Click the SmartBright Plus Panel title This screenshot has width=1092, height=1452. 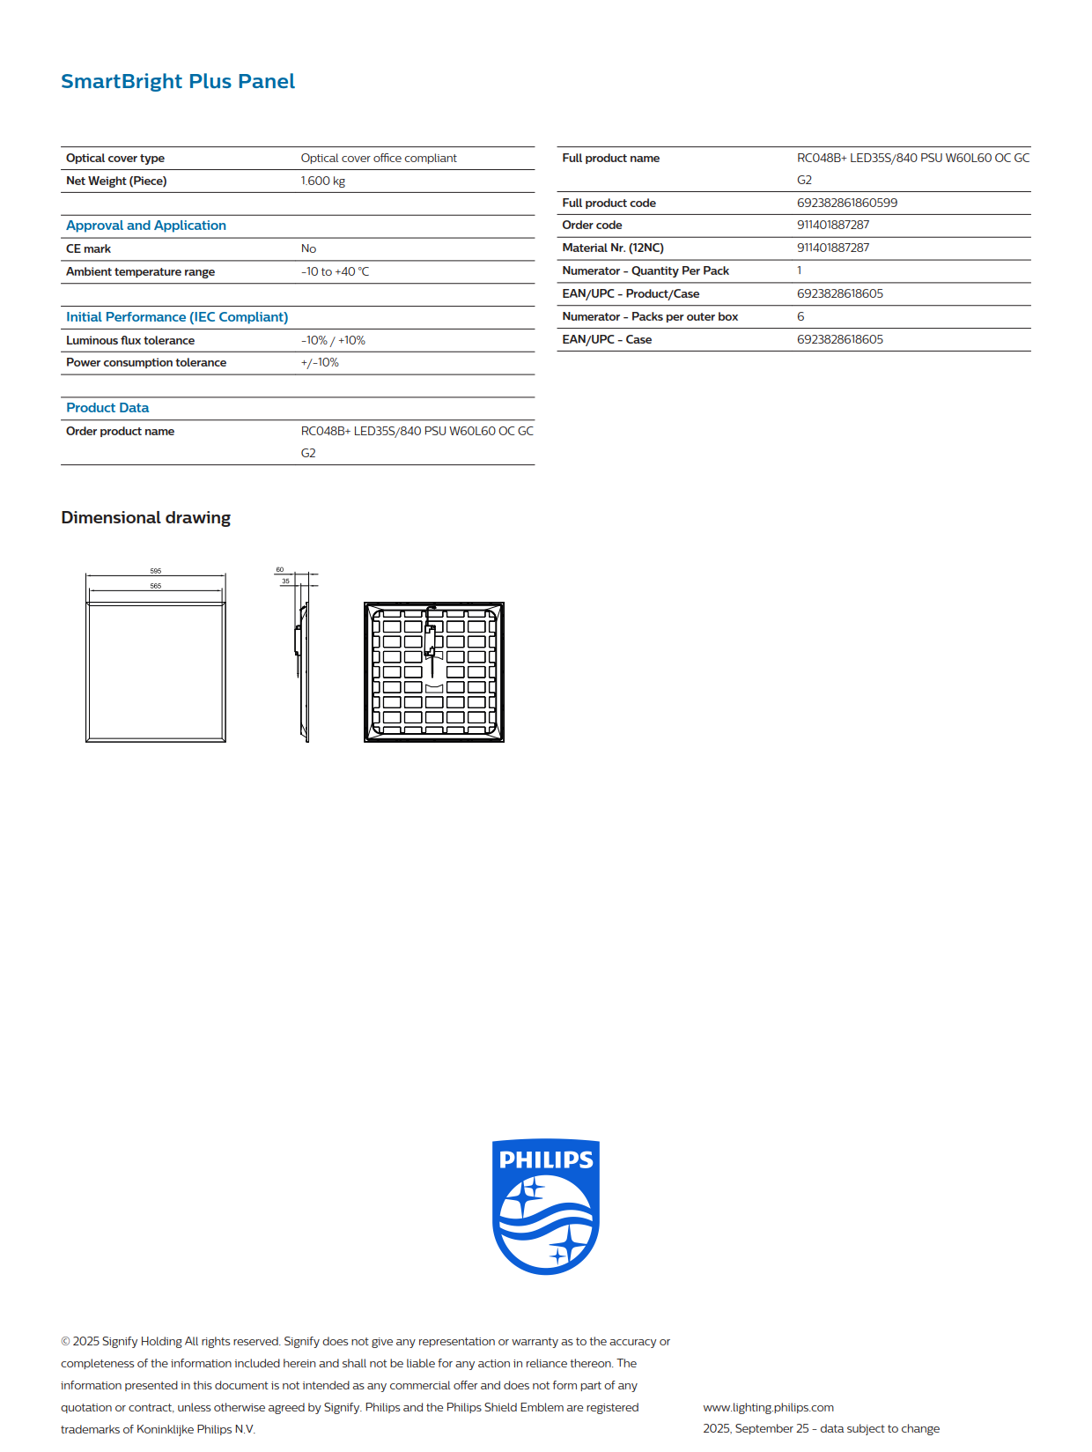tap(178, 82)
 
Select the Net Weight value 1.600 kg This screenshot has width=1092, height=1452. tap(322, 181)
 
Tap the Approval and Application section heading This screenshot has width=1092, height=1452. tap(146, 226)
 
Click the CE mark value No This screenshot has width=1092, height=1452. tap(308, 249)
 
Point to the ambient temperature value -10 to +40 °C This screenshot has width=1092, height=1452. tap(335, 272)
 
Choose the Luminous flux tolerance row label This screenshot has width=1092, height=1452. tap(130, 341)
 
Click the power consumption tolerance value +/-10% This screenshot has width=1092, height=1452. tap(320, 363)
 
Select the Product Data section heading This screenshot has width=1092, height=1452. tap(107, 408)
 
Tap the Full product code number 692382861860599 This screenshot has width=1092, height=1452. tap(847, 204)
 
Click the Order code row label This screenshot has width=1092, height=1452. tap(592, 226)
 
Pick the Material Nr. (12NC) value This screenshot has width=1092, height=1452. tap(833, 248)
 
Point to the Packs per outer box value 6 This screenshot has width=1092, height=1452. tap(801, 317)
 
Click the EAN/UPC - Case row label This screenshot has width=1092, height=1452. tap(607, 340)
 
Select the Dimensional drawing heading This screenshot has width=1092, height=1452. tap(146, 518)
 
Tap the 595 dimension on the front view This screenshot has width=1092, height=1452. tap(156, 571)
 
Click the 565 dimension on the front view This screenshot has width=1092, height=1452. tap(156, 586)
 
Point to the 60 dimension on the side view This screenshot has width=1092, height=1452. tap(280, 570)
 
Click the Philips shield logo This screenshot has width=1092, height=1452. tap(546, 1206)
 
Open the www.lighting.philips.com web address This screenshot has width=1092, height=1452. tap(768, 1408)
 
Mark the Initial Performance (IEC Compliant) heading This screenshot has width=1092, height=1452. tap(177, 317)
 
